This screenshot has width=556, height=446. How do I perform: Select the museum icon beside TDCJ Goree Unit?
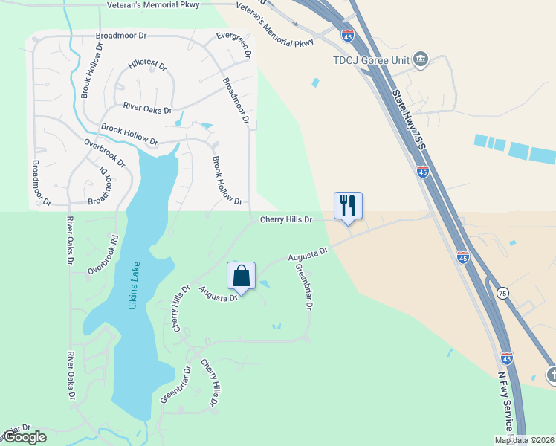(x=421, y=59)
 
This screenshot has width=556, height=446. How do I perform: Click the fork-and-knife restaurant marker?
(x=348, y=206)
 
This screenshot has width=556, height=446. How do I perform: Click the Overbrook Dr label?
(x=105, y=152)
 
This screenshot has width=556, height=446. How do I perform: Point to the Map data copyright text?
(x=524, y=440)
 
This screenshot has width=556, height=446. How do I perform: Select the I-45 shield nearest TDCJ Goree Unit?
(x=347, y=35)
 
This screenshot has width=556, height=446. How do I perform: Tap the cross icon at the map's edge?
(x=551, y=375)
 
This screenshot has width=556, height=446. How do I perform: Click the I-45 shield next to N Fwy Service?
(x=507, y=358)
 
